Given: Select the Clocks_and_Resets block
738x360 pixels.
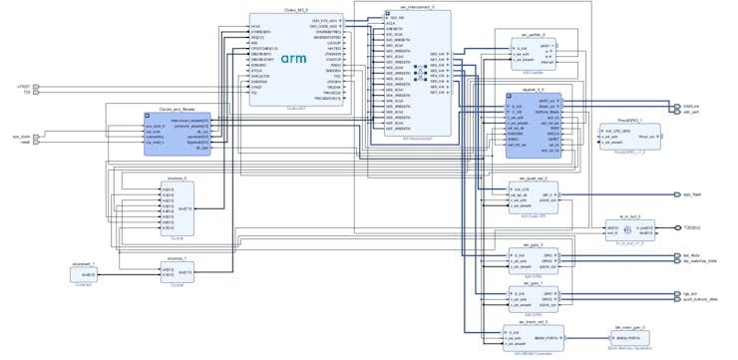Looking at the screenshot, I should click(177, 134).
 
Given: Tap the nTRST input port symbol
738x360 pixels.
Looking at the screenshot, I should click(36, 87).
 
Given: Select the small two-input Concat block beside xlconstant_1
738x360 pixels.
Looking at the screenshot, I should click(176, 272).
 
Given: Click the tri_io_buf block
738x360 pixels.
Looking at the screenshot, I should click(629, 230).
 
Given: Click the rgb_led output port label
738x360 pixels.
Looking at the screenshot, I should click(690, 294).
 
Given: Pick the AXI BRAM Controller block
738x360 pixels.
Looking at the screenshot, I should click(529, 338).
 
